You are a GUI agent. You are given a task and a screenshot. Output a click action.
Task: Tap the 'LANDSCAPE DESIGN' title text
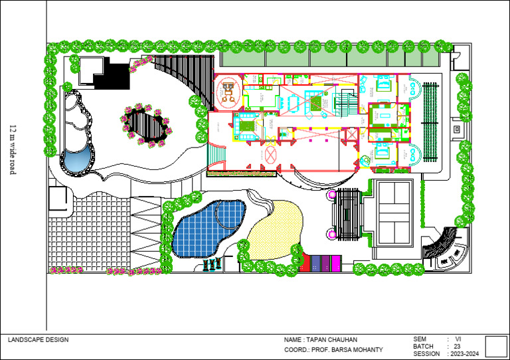click(38, 340)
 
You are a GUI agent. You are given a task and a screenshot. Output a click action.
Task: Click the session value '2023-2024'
click(464, 354)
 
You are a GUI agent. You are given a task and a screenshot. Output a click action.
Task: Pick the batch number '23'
click(457, 347)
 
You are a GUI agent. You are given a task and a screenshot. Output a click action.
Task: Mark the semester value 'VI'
click(458, 339)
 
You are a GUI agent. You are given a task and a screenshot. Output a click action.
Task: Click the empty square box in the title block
click(496, 346)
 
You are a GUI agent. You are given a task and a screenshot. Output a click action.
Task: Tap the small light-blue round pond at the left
click(76, 160)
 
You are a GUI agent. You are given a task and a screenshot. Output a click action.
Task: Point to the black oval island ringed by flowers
click(145, 124)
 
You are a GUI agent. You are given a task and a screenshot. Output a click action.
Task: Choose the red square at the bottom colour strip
click(305, 263)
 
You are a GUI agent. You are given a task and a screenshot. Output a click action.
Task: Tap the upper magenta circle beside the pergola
click(333, 195)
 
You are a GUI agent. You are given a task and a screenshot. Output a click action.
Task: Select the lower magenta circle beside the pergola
click(333, 235)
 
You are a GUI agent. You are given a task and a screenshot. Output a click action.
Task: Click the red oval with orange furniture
click(228, 91)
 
